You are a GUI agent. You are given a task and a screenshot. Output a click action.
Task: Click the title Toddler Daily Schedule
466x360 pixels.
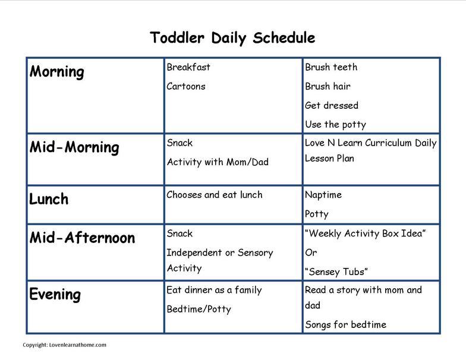pos(232,38)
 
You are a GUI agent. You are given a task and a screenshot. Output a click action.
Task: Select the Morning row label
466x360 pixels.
pos(57,72)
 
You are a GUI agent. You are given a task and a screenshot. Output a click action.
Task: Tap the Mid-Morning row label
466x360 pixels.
pos(74,147)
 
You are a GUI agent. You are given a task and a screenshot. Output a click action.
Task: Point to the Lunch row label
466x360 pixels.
pos(49,199)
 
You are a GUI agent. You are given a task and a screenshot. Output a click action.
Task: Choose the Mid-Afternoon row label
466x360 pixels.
pos(82,238)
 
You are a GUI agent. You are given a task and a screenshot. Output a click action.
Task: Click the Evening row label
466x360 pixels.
pos(55,295)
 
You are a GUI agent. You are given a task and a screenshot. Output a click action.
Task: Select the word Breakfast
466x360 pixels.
pos(188,67)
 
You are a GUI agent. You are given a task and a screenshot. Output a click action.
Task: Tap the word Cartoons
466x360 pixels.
pos(186,87)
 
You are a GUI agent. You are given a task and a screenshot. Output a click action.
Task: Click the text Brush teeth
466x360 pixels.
pos(331,67)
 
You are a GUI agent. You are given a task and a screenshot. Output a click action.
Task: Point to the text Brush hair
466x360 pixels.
pos(328,87)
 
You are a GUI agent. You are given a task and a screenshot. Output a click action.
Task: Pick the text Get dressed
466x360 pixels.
pos(332,106)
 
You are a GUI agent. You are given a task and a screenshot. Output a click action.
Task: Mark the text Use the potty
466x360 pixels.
pos(335,125)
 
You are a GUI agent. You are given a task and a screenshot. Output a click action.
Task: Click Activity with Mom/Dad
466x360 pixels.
pos(218,162)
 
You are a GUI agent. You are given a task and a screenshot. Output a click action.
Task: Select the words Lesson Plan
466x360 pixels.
pos(329,158)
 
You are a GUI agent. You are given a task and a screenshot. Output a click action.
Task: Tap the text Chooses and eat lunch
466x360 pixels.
pos(215,195)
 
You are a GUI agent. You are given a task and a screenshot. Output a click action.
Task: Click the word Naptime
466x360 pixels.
pos(323,195)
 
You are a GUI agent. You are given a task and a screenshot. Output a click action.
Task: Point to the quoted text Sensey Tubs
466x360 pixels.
pos(336,272)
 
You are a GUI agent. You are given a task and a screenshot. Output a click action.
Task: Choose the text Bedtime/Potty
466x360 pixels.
pos(199,309)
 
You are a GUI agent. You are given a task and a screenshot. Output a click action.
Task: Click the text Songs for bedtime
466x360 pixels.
pos(346,324)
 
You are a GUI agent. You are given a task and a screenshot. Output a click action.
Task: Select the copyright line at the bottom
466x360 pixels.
pos(64,345)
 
